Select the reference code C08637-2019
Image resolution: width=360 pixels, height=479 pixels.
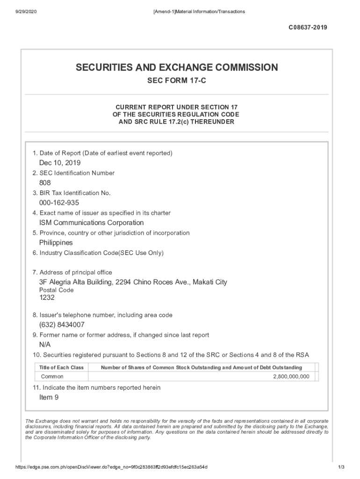(308, 28)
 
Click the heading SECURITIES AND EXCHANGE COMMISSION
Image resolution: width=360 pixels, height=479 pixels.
(177, 68)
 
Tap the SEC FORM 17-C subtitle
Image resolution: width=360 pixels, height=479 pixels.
(177, 81)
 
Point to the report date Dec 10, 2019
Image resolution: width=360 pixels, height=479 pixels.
(60, 163)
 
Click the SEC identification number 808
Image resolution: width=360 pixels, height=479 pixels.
(45, 183)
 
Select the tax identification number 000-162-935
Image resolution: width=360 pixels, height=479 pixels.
(59, 203)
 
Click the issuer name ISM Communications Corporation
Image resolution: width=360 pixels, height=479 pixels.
(91, 223)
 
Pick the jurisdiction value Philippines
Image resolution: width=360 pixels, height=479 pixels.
(56, 243)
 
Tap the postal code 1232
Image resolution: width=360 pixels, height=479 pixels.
(47, 298)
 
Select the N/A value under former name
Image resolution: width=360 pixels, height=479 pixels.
(45, 345)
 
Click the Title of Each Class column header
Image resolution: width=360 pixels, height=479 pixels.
(62, 368)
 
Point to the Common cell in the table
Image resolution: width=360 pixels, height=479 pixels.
(52, 377)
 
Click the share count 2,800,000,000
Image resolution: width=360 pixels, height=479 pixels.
(291, 377)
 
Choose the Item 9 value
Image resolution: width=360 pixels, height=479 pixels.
(49, 398)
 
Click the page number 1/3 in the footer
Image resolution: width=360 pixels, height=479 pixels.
(341, 467)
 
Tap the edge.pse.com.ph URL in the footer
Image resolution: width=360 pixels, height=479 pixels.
(112, 467)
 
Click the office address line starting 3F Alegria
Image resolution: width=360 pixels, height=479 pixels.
(133, 283)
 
